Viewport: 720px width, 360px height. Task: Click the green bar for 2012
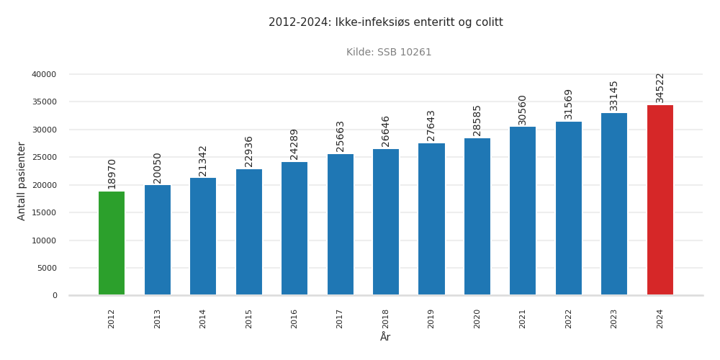tap(112, 243)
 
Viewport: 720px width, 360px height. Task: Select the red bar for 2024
tap(660, 200)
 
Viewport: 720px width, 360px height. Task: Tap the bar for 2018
tap(386, 222)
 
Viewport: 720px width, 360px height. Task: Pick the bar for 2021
tap(523, 211)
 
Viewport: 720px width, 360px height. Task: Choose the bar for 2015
tap(249, 232)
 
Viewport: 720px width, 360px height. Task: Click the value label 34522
tap(660, 87)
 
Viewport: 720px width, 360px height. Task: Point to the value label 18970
tap(112, 174)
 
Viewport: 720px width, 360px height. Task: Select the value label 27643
tap(431, 125)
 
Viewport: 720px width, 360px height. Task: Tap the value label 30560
tap(523, 109)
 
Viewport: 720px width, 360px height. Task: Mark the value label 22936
tap(249, 151)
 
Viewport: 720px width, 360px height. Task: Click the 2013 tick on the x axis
tap(158, 318)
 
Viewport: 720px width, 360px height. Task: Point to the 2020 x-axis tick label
tap(477, 318)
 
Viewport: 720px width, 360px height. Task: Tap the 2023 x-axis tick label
tap(614, 318)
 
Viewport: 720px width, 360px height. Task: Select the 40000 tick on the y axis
tap(44, 74)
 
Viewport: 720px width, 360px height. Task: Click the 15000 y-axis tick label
tap(44, 212)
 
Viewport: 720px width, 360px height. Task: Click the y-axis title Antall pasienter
tap(22, 181)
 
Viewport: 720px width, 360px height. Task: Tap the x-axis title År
tap(385, 337)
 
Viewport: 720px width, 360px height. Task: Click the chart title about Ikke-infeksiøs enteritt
tap(385, 22)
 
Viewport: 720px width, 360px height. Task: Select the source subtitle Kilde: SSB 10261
tap(389, 53)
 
